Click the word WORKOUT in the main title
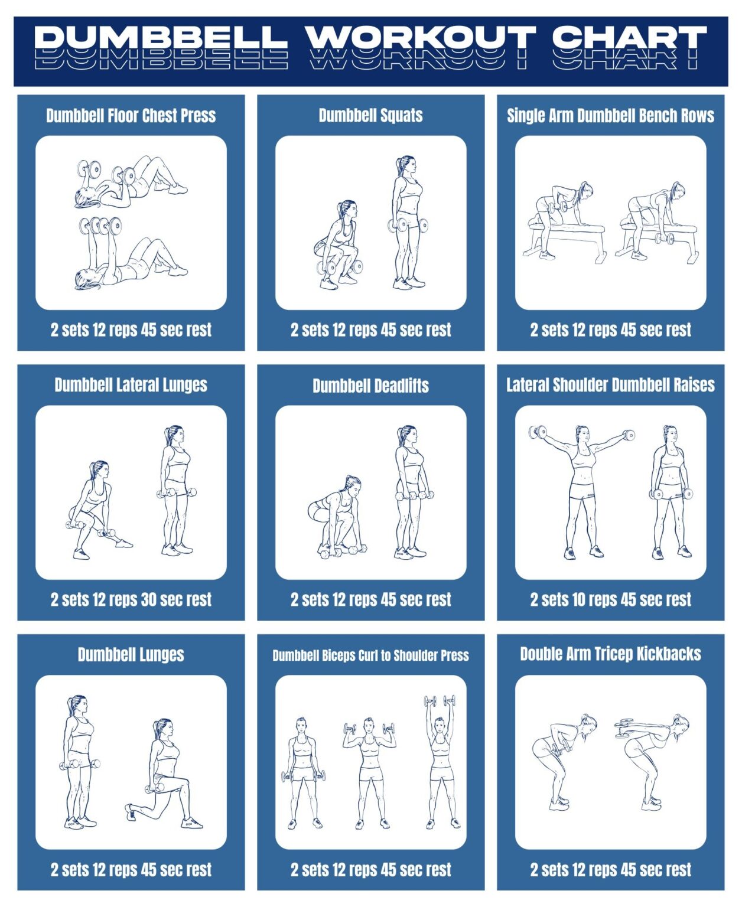(420, 39)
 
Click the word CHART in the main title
(629, 39)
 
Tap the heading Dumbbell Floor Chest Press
(131, 116)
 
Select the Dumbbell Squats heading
(370, 116)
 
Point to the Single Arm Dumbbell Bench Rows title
(610, 116)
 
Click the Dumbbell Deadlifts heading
(370, 386)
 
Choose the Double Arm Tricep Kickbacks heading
(610, 654)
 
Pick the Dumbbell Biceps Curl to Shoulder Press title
(370, 655)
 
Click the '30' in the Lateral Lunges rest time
(148, 600)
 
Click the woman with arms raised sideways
(582, 490)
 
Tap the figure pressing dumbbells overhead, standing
(440, 762)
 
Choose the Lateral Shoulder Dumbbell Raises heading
(610, 386)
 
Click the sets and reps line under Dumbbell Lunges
(131, 870)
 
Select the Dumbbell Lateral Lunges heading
(131, 386)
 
